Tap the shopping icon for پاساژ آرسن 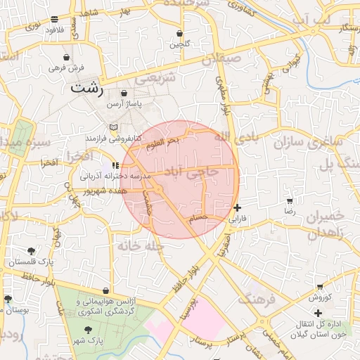[124, 93]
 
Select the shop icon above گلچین [180, 33]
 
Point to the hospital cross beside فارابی [238, 207]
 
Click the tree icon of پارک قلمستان [31, 251]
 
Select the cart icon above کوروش [321, 286]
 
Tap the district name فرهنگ [257, 300]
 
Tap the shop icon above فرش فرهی [66, 57]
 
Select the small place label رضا [289, 210]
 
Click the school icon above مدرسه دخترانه [115, 165]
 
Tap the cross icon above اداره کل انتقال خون [319, 312]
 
